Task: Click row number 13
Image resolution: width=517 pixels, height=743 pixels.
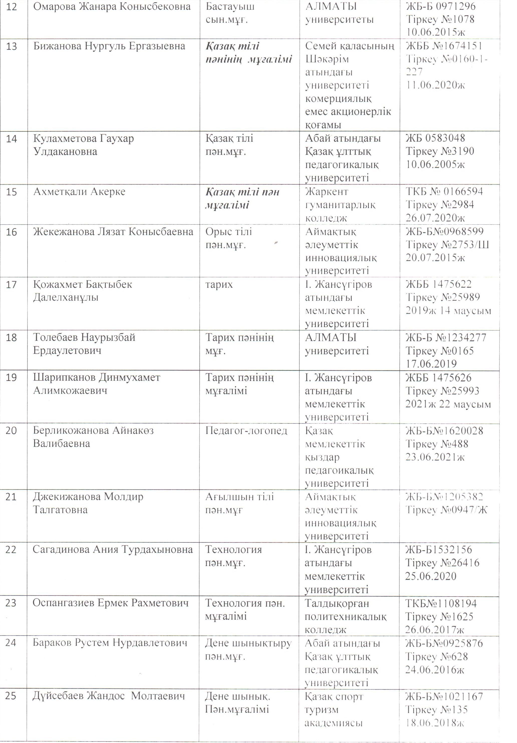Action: point(12,46)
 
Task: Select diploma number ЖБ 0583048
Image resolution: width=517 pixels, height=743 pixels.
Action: point(435,138)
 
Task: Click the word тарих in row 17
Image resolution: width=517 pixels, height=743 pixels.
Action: point(219,284)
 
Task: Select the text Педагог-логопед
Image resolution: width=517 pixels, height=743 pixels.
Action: point(246,431)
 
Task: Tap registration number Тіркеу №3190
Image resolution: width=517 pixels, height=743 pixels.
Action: point(440,152)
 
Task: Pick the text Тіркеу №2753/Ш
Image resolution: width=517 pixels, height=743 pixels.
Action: point(447,245)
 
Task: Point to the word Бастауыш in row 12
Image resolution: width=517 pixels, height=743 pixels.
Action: point(230,7)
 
